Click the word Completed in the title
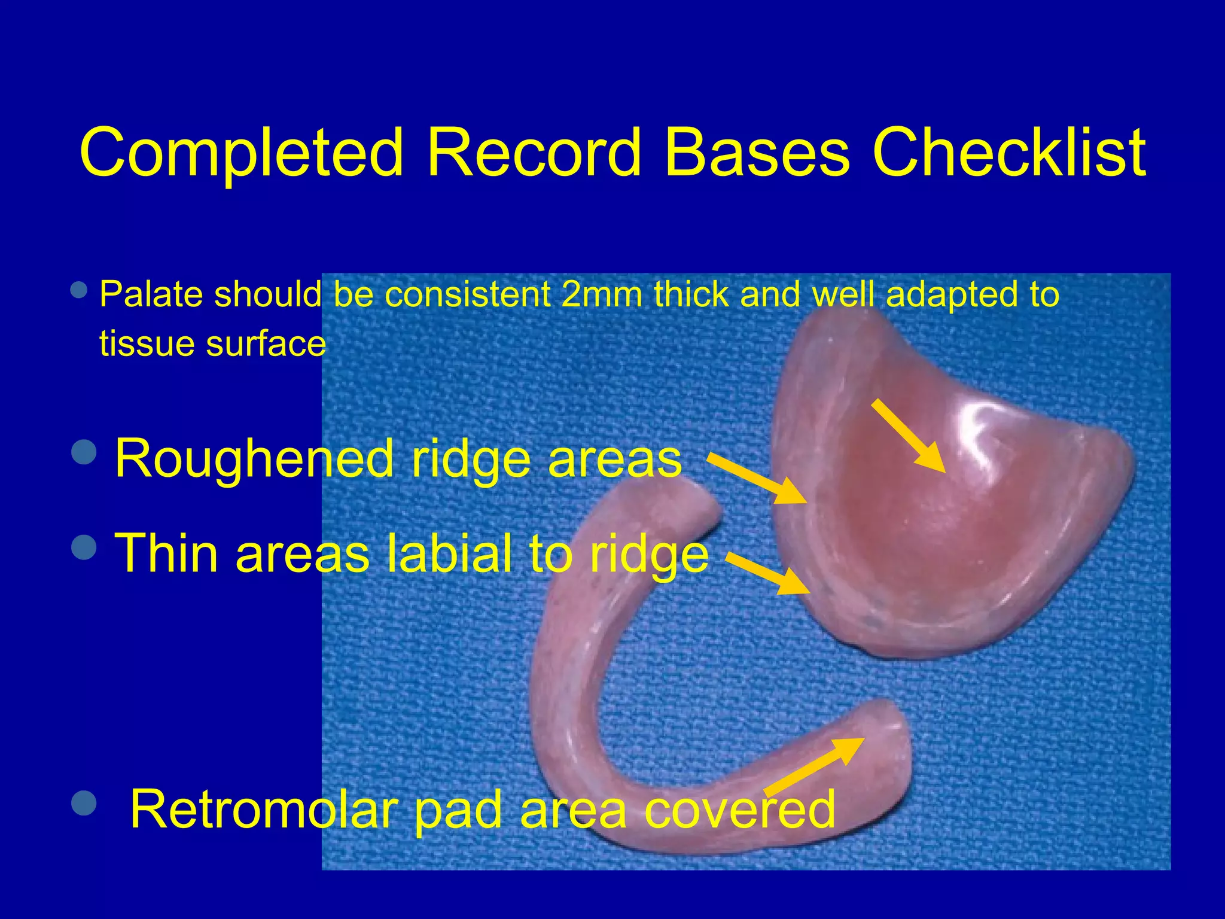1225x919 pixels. [241, 153]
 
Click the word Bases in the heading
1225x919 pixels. [756, 153]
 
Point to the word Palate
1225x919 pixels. [151, 294]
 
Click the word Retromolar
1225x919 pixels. [263, 809]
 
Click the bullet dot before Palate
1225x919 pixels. [78, 291]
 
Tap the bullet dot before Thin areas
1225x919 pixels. [84, 546]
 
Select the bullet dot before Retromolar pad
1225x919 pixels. [84, 803]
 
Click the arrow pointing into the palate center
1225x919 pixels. [908, 435]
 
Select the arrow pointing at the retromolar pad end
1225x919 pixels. [815, 766]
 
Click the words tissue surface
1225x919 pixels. [212, 344]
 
